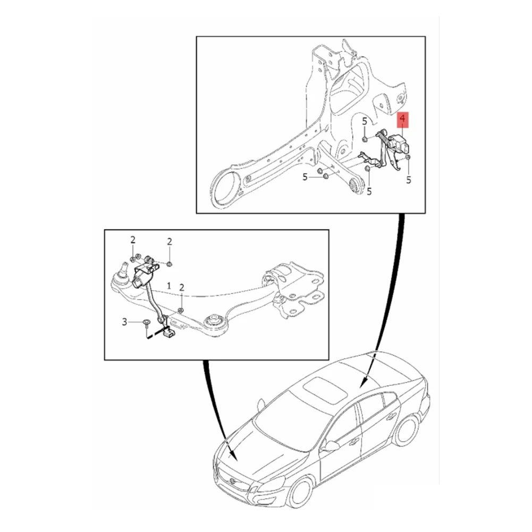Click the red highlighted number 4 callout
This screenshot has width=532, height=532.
(x=403, y=120)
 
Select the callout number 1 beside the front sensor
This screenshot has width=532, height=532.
(x=168, y=286)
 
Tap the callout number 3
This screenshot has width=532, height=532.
(x=125, y=322)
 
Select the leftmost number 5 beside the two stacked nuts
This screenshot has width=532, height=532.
(x=305, y=178)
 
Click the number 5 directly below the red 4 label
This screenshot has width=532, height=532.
(x=409, y=180)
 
